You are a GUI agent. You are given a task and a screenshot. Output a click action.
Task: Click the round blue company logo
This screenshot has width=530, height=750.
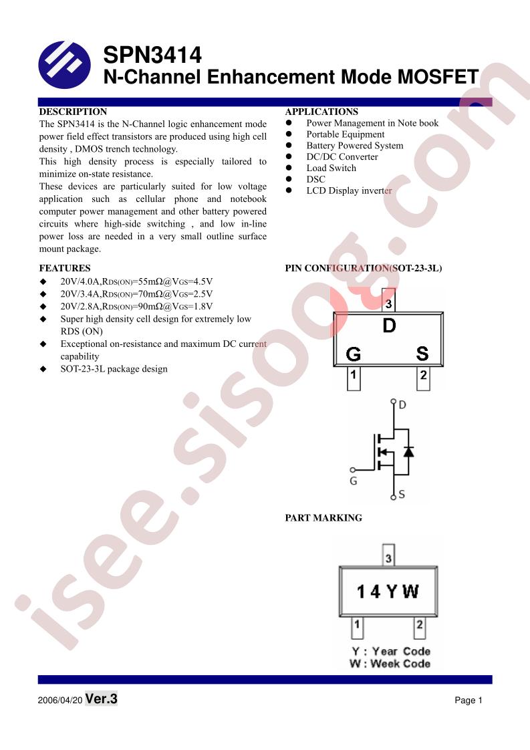65,66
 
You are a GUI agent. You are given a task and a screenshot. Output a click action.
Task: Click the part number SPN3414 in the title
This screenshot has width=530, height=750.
152,55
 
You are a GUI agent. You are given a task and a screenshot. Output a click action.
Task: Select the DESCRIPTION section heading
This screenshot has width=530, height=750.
74,112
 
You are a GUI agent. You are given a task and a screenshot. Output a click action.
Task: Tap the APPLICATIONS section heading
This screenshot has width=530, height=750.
321,112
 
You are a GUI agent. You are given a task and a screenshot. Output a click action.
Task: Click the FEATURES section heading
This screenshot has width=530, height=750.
65,268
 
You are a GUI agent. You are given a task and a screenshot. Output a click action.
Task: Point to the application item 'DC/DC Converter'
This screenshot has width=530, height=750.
342,157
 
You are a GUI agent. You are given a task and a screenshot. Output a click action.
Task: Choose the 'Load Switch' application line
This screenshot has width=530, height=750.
332,168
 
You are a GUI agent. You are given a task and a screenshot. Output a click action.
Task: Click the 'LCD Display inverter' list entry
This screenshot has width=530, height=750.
349,191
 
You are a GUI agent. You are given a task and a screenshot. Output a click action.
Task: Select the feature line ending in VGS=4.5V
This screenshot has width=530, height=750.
136,281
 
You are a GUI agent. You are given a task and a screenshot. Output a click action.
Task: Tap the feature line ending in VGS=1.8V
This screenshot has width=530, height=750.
136,306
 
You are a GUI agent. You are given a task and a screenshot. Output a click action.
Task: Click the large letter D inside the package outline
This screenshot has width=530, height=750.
390,326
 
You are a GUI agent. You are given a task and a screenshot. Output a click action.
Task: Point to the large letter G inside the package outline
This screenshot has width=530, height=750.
353,354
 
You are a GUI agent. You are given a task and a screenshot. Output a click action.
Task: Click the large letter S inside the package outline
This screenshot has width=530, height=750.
422,354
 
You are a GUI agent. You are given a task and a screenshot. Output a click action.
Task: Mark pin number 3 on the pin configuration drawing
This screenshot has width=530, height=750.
388,303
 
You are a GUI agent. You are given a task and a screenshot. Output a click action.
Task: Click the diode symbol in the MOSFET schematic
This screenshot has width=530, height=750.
408,451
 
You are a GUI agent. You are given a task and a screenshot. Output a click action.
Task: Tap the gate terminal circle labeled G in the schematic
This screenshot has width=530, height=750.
353,470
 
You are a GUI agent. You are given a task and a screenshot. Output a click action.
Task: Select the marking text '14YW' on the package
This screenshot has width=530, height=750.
388,592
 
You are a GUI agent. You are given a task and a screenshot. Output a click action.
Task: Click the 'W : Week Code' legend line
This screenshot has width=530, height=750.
390,663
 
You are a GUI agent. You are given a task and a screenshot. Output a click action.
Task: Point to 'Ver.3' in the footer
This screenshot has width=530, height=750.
102,699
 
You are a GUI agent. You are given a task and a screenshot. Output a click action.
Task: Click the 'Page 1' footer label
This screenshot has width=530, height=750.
469,701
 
